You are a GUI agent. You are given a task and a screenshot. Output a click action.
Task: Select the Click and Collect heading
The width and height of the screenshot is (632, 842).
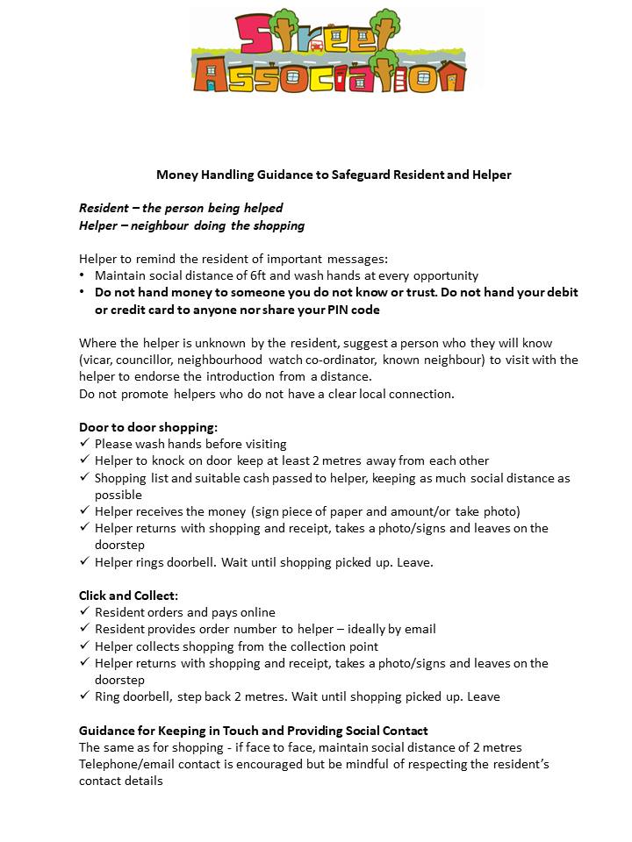[128, 596]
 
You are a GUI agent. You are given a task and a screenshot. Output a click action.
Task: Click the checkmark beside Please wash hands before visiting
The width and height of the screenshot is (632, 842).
[84, 444]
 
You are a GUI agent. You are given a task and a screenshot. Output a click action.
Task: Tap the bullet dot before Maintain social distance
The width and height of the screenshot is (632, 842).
[83, 275]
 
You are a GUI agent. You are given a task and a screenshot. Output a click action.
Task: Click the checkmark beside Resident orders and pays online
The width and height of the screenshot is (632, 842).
[84, 612]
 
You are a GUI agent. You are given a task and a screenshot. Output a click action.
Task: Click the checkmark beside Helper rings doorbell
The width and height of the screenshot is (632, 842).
[84, 562]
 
